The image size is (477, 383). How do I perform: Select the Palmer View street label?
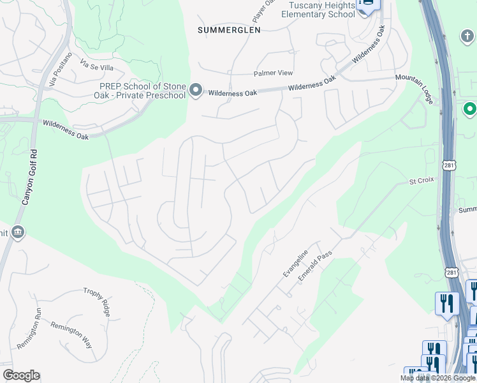click(x=273, y=73)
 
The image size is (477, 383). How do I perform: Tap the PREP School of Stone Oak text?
click(x=142, y=91)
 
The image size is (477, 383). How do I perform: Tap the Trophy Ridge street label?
click(x=97, y=301)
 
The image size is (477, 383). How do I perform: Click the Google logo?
click(x=21, y=375)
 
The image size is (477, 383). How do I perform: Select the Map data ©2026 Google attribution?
click(x=437, y=378)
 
